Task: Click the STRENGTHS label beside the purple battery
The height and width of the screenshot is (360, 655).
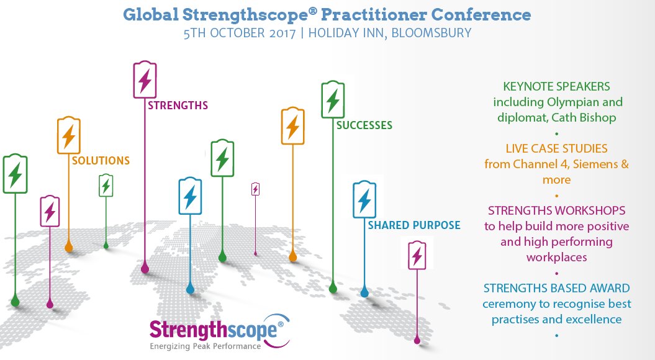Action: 178,106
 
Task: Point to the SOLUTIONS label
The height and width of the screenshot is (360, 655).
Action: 101,161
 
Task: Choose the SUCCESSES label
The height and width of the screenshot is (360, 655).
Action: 364,125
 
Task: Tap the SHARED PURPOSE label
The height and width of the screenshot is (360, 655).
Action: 413,225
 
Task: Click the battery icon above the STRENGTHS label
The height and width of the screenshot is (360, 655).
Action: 145,79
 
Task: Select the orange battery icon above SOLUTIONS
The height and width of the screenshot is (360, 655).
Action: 69,135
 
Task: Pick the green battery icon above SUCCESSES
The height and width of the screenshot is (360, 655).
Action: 333,99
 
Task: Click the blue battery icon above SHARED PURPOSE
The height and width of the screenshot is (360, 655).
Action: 364,199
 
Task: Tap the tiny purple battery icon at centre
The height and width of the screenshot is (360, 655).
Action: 255,189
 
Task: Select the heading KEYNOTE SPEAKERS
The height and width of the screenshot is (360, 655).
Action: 556,86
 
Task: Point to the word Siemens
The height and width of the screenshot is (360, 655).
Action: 592,164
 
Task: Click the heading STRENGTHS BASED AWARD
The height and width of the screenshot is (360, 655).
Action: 556,288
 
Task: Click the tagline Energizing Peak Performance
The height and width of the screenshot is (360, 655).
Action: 206,346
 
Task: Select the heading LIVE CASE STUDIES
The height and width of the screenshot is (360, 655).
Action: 556,149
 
